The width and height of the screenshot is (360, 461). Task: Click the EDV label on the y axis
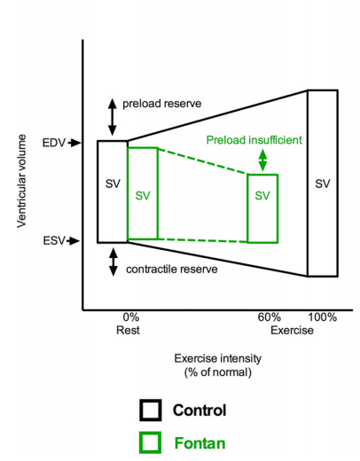[52, 141]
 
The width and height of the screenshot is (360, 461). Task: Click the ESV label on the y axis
[52, 240]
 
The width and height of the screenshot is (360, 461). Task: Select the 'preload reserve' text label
[162, 104]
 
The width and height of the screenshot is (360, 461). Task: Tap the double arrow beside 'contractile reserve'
[113, 262]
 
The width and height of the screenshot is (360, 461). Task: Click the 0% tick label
[130, 317]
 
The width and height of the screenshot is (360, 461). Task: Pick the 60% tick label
[270, 317]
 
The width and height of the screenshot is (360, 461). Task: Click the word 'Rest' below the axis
[130, 330]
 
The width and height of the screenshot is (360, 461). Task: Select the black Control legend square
[151, 410]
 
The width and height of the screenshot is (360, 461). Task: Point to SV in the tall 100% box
[322, 184]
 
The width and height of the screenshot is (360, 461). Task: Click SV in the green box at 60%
[262, 196]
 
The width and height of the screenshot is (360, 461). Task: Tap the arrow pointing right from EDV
[75, 141]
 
